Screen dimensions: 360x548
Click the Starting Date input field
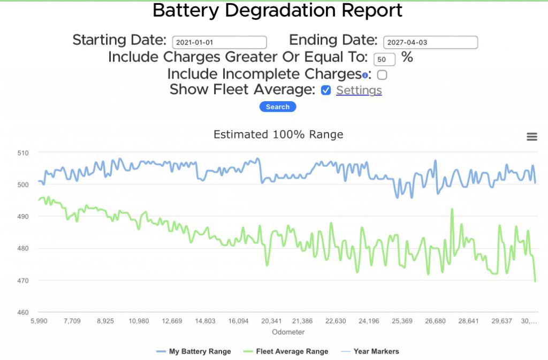point(219,42)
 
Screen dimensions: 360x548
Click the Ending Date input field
point(430,42)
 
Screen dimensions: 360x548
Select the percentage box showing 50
point(384,59)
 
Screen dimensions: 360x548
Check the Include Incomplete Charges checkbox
point(382,75)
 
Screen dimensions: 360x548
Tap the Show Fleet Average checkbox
point(326,90)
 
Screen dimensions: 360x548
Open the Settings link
point(359,90)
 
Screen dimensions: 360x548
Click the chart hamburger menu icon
point(532,137)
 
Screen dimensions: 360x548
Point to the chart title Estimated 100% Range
point(278,134)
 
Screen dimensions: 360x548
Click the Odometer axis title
point(288,332)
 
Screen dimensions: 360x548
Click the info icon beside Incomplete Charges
point(365,75)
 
